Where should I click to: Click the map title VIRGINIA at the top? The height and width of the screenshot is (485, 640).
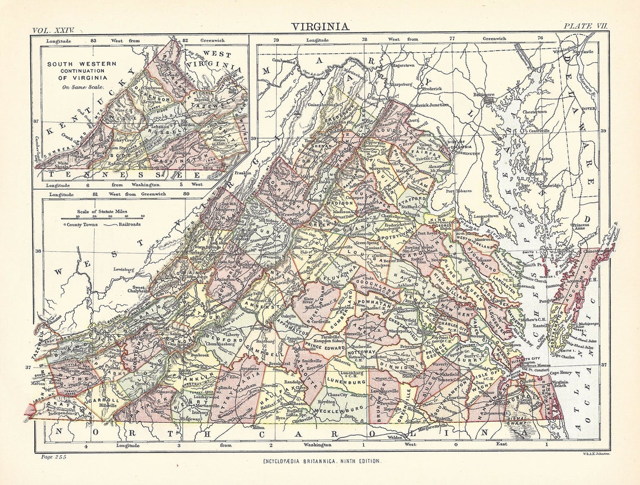319,27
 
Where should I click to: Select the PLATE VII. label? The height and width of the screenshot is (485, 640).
585,27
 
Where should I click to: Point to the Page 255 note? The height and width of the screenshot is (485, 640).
54,456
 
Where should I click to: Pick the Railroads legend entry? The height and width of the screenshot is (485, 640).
123,224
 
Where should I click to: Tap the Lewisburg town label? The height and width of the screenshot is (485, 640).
131,270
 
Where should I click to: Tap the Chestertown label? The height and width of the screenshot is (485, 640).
537,111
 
